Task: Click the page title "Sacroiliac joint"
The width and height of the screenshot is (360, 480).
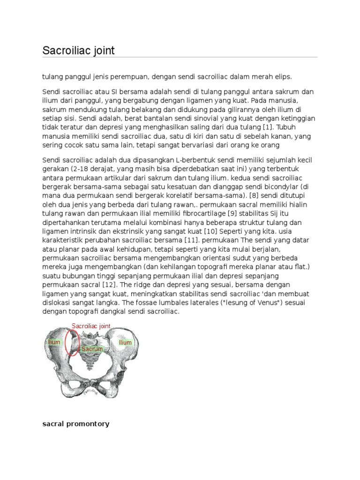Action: [x=78, y=51]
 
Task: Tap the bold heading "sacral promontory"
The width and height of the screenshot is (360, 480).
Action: [x=75, y=424]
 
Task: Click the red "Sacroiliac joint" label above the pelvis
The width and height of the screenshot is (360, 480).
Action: [x=91, y=326]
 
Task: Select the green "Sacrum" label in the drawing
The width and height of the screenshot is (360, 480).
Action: [x=91, y=349]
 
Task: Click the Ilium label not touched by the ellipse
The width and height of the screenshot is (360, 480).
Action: [x=125, y=343]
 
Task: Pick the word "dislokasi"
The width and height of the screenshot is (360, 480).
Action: [x=56, y=302]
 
